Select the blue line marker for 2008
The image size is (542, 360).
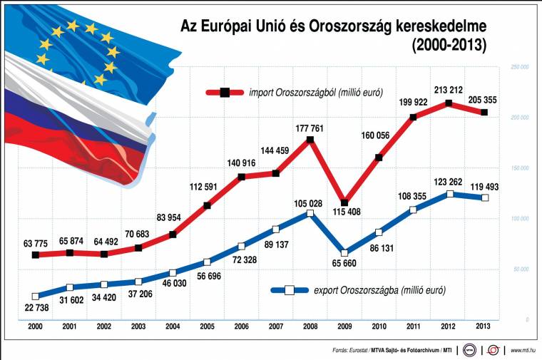point(310,213)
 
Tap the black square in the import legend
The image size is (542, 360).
point(225,92)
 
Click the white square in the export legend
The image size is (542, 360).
point(290,290)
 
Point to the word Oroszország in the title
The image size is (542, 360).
point(350,26)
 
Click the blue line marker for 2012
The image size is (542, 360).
point(449,194)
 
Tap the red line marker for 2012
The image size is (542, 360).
point(449,103)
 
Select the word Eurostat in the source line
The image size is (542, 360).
point(363,350)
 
